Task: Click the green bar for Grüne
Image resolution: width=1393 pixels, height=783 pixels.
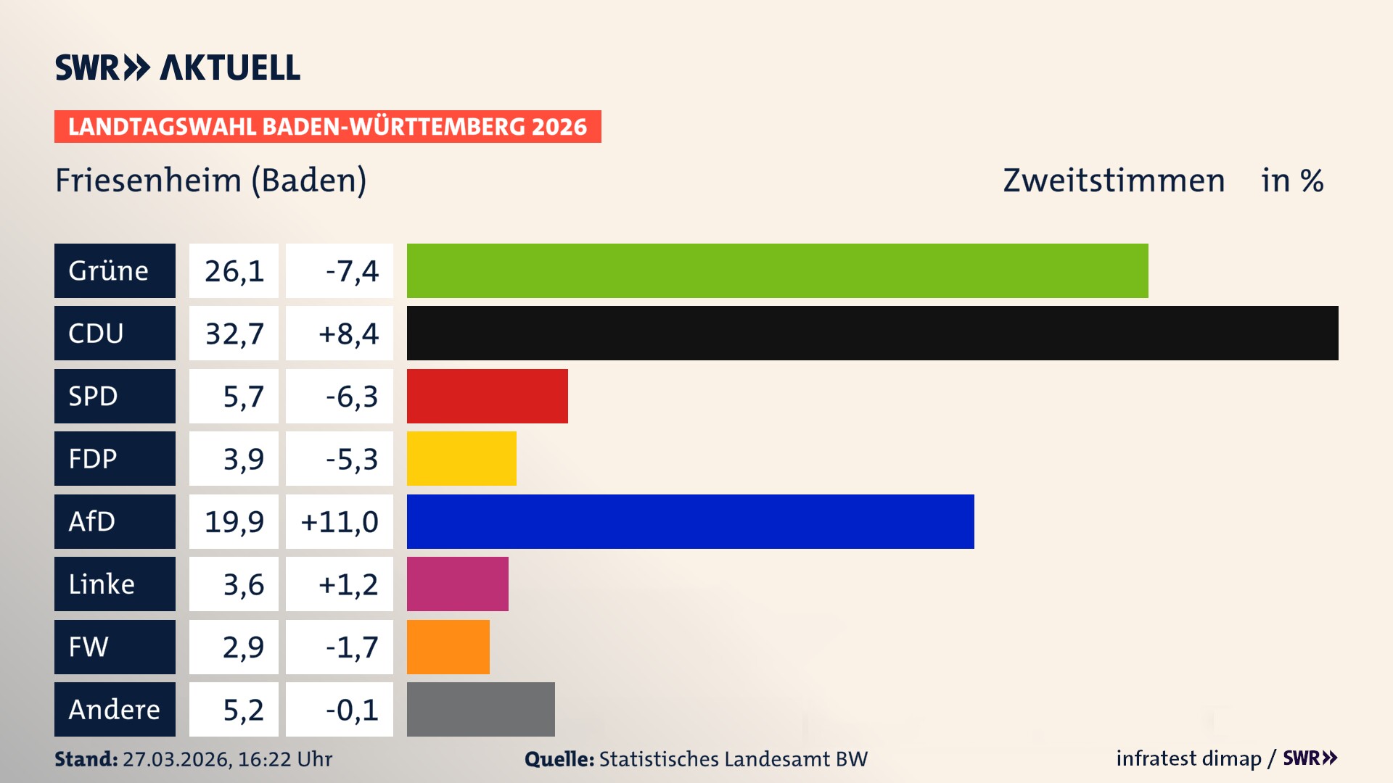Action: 777,270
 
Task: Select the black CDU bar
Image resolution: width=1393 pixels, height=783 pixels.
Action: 872,333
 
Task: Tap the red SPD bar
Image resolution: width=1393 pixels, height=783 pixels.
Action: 487,396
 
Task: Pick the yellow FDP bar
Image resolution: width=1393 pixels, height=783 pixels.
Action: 461,458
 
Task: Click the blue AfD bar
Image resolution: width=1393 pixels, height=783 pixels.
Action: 690,521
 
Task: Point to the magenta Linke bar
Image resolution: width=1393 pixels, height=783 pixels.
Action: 457,584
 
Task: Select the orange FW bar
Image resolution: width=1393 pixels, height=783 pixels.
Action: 448,647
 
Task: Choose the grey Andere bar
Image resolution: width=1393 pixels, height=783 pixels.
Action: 480,709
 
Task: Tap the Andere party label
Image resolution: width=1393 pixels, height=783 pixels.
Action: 115,709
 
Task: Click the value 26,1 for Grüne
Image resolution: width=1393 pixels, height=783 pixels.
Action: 234,271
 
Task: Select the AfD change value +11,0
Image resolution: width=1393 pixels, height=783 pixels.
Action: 339,522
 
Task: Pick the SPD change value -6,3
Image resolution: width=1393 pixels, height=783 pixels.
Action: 351,397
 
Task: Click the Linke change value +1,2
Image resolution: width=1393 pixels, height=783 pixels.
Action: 348,584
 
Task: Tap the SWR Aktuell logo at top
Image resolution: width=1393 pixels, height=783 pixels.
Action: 177,67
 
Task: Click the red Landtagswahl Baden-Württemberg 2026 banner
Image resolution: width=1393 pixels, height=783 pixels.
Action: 327,126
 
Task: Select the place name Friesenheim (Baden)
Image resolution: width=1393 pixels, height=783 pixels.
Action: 210,180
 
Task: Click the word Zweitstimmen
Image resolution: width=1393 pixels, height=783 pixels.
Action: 1113,180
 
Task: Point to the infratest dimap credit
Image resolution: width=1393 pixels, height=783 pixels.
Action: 1188,758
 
